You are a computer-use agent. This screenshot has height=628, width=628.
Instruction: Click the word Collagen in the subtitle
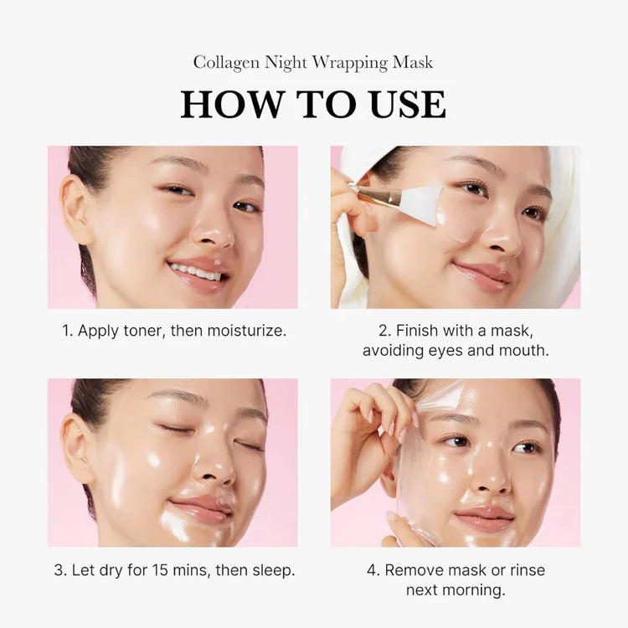pyautogui.click(x=225, y=63)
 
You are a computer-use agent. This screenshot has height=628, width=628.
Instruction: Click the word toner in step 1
pyautogui.click(x=142, y=331)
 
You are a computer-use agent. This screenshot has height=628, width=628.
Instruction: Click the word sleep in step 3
pyautogui.click(x=271, y=570)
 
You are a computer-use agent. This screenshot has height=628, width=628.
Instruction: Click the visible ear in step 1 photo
pyautogui.click(x=78, y=209)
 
